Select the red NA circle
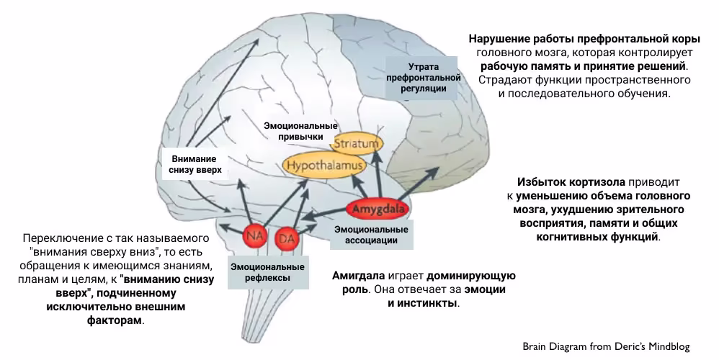point(254,235)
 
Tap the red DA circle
point(287,236)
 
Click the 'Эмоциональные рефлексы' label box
point(267,272)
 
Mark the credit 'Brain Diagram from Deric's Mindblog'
point(606,346)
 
